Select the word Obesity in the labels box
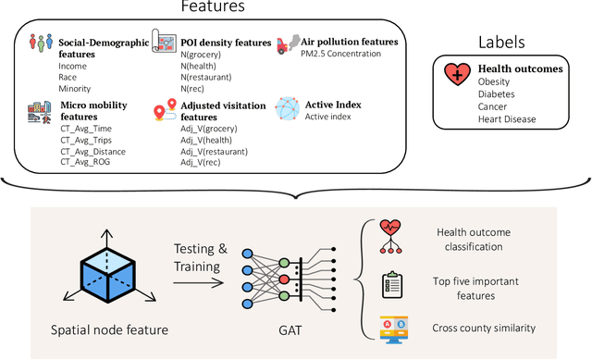pos(494,82)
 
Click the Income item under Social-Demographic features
pos(72,66)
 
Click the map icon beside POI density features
pos(166,43)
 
